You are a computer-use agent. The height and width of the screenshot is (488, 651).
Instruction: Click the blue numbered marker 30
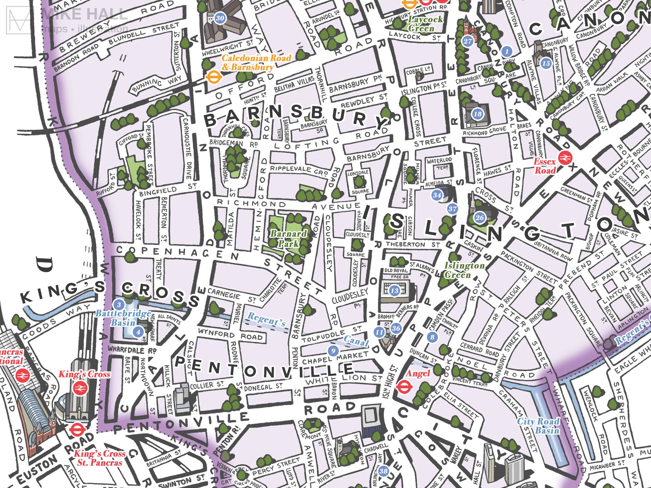[220, 18]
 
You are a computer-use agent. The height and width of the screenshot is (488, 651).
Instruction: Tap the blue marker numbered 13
[394, 291]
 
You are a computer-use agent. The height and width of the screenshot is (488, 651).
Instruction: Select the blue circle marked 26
[479, 218]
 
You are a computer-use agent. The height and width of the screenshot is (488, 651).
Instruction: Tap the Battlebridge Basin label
[123, 318]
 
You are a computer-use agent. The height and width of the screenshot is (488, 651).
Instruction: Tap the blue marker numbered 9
[333, 350]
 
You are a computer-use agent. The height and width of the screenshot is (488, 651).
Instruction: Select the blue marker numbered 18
[477, 114]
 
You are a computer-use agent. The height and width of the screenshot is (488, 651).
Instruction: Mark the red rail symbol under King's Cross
[80, 387]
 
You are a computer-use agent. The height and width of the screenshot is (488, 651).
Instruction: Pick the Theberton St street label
[412, 244]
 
